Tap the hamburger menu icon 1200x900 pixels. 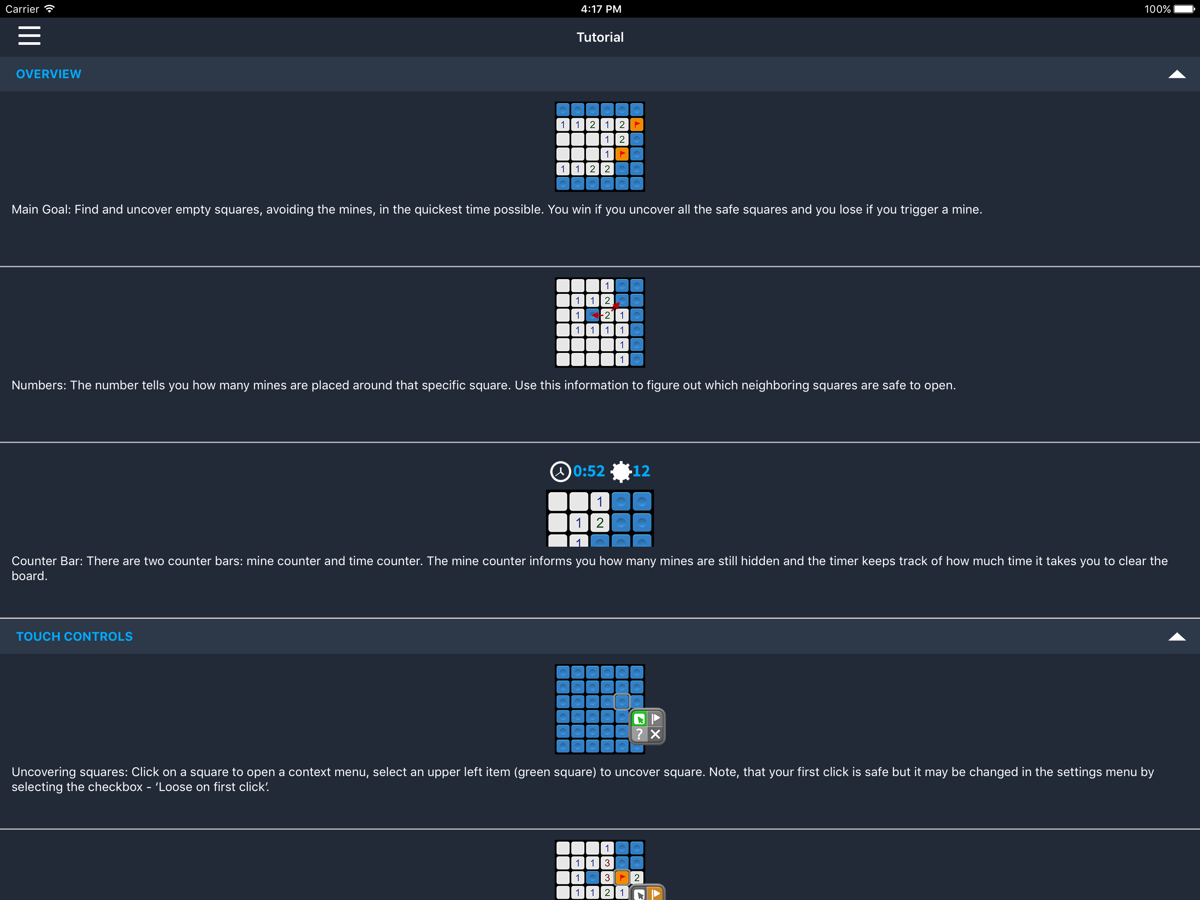pos(29,36)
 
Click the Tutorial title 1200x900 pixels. pos(600,37)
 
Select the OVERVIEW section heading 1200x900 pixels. pos(49,74)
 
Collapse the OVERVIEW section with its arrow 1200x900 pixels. pos(1177,74)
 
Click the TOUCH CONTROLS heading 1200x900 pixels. pos(74,636)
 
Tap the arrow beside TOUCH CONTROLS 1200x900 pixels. pos(1177,637)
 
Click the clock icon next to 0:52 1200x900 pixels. pos(560,471)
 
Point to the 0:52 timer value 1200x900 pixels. pos(589,471)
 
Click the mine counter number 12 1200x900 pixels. pos(641,471)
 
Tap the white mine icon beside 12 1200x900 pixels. pos(621,471)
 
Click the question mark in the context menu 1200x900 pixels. pos(640,734)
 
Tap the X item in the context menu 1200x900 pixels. pos(655,734)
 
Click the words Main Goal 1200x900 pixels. pos(41,210)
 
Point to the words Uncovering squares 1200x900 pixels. pos(69,772)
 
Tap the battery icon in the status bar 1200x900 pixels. pos(1184,9)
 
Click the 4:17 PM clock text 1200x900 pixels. pos(601,9)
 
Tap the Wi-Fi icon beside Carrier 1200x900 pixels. pos(49,9)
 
